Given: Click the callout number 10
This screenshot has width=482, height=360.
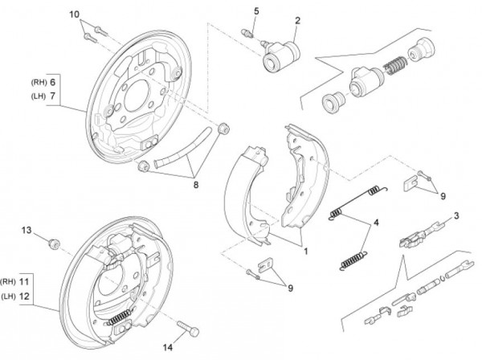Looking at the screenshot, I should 74,14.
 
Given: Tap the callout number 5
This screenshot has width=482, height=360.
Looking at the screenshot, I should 256,10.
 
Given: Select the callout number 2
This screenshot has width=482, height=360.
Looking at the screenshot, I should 297,20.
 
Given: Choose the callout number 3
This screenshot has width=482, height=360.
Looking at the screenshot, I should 456,215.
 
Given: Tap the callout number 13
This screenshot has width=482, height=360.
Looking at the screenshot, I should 27,231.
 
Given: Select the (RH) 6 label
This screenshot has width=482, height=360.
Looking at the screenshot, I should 43,83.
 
